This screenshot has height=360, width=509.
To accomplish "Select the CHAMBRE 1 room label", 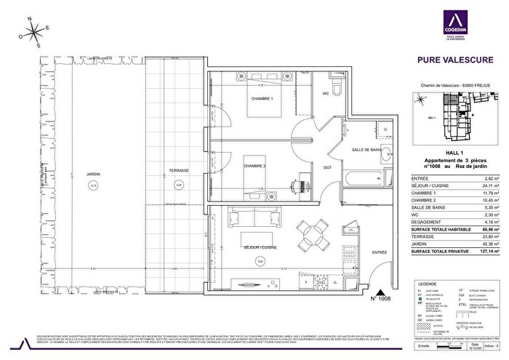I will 241,99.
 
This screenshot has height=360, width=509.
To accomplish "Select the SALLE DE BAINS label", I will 367,149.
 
